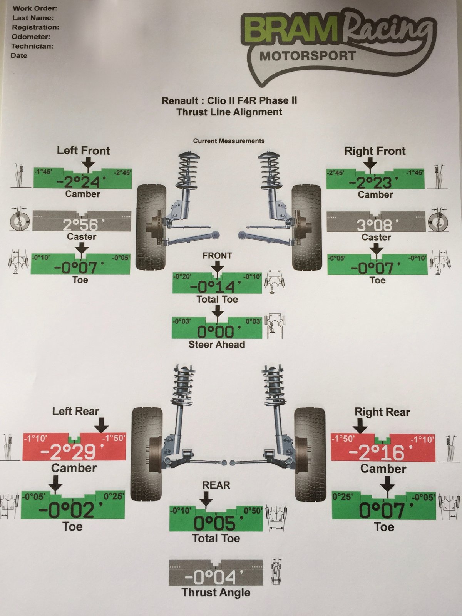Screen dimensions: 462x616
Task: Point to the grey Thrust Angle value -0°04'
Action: pyautogui.click(x=214, y=577)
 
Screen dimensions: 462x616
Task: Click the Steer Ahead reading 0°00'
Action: pyautogui.click(x=219, y=332)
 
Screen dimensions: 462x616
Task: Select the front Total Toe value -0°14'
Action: pyautogui.click(x=216, y=287)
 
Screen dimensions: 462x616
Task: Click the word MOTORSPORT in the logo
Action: pyautogui.click(x=308, y=56)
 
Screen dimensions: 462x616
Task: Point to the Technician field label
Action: pyautogui.click(x=32, y=46)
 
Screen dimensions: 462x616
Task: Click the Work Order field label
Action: pyautogui.click(x=35, y=8)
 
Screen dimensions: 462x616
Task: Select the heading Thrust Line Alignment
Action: pyautogui.click(x=229, y=112)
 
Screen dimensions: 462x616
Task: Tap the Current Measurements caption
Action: pyautogui.click(x=229, y=141)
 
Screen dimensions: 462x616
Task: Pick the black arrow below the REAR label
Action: pyautogui.click(x=206, y=499)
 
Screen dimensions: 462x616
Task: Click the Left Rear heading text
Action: pyautogui.click(x=75, y=412)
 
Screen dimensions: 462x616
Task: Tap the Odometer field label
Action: pyautogui.click(x=31, y=37)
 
